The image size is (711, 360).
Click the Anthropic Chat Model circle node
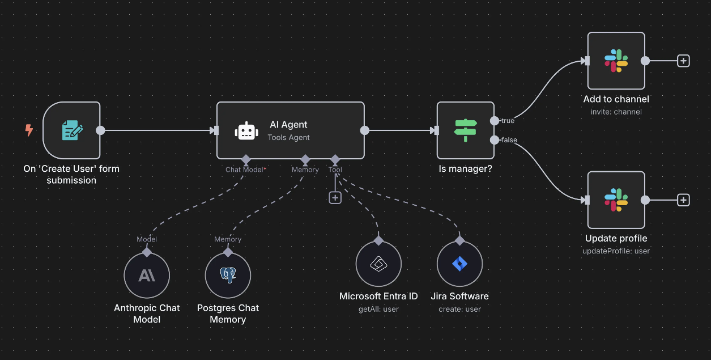[x=147, y=276]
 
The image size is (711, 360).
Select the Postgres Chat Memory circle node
[x=228, y=276]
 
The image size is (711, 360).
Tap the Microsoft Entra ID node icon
[x=378, y=264]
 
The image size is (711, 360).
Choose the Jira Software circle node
[x=459, y=264]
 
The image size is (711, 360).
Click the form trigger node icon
[x=72, y=130]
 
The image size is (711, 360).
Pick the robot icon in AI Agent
[x=246, y=131]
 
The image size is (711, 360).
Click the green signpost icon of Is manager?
[x=466, y=130]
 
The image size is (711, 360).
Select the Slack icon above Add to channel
[x=616, y=61]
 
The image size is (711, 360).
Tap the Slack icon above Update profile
[x=616, y=200]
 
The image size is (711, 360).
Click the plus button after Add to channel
[x=684, y=61]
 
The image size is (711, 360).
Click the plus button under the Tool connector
[x=335, y=197]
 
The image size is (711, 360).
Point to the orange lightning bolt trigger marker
[x=29, y=130]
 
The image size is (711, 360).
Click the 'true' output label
[x=508, y=121]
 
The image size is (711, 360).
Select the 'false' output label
[x=509, y=140]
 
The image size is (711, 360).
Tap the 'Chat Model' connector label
[x=244, y=170]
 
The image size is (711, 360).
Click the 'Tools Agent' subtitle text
[x=289, y=137]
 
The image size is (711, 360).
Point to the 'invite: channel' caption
[x=616, y=112]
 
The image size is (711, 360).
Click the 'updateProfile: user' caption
[x=616, y=251]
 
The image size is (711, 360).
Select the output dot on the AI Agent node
[x=365, y=130]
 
